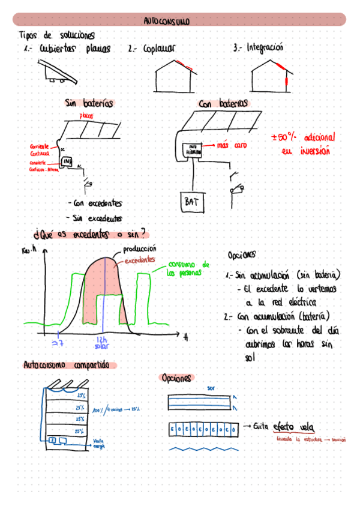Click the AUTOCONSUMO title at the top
tap(167, 21)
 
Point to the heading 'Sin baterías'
tap(89, 103)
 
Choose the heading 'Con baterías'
tap(223, 104)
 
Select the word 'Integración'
tap(264, 47)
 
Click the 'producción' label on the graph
tap(139, 248)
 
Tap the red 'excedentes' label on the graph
tap(140, 260)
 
